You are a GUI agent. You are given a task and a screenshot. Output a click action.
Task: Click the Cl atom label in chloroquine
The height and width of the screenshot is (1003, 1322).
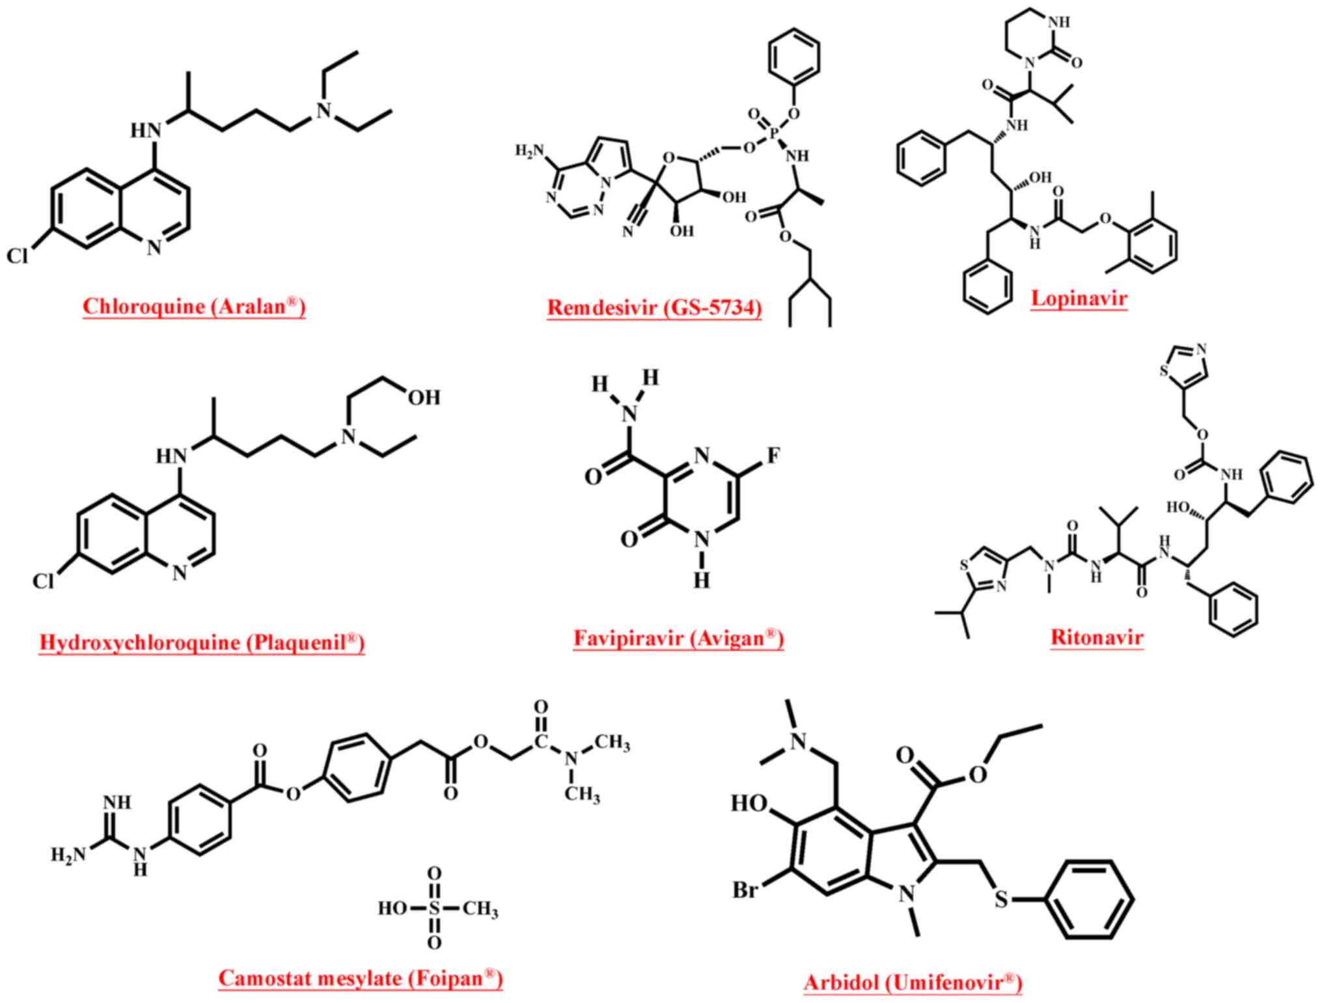18,256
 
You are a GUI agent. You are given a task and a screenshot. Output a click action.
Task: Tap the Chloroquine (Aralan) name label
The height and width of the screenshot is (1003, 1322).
194,306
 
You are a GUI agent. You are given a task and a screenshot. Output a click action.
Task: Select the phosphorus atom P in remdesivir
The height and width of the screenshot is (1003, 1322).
774,133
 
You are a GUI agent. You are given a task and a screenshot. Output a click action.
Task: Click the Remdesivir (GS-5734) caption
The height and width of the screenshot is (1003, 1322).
654,307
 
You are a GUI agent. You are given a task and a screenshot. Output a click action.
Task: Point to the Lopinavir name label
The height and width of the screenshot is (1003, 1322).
1079,298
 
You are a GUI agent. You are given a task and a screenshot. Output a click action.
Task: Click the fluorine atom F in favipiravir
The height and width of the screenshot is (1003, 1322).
773,456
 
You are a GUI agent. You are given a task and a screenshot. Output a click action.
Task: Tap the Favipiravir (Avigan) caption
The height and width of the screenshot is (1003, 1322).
678,638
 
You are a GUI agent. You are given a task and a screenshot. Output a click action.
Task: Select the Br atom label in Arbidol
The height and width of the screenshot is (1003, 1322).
745,889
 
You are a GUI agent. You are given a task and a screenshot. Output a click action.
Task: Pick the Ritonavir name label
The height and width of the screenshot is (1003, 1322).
1097,637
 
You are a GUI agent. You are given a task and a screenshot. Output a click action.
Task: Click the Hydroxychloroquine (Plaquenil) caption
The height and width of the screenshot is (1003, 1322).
202,642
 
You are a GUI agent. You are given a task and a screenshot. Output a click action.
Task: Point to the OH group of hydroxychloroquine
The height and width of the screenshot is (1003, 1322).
424,397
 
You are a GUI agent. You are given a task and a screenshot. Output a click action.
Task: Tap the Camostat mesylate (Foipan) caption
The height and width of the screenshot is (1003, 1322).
361,978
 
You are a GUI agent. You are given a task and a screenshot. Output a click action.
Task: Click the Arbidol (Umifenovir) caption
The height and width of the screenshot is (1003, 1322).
913,982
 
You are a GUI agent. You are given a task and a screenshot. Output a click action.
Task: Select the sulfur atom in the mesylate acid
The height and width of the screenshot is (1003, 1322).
434,907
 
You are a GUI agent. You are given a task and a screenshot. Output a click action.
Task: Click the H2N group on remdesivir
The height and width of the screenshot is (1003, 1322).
529,151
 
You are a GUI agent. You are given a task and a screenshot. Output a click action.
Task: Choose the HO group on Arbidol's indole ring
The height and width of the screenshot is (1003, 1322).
749,803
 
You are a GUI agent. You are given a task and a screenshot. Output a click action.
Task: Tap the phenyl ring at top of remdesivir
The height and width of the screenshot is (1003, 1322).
793,57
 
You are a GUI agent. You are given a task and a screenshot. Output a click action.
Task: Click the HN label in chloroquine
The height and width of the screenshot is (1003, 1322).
146,130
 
